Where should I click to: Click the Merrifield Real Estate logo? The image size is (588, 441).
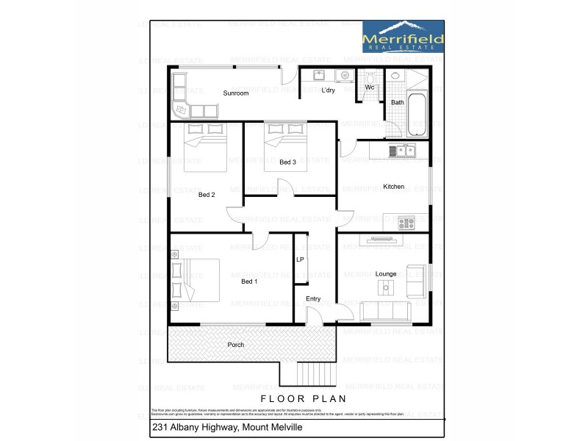pyautogui.click(x=403, y=36)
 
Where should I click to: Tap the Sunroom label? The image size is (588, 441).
pyautogui.click(x=236, y=93)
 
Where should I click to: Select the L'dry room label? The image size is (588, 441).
pyautogui.click(x=328, y=90)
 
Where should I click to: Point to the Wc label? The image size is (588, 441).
pyautogui.click(x=370, y=87)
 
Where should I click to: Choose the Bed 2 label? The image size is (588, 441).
pyautogui.click(x=207, y=195)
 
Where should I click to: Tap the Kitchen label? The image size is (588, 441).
pyautogui.click(x=393, y=187)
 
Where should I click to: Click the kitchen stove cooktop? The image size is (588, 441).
pyautogui.click(x=406, y=222)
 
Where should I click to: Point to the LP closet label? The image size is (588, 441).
pyautogui.click(x=300, y=260)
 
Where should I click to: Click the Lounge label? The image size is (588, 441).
pyautogui.click(x=386, y=274)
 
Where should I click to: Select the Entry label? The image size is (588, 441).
pyautogui.click(x=313, y=298)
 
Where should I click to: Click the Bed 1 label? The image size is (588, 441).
pyautogui.click(x=249, y=282)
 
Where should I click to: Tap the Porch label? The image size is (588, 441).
pyautogui.click(x=235, y=345)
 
